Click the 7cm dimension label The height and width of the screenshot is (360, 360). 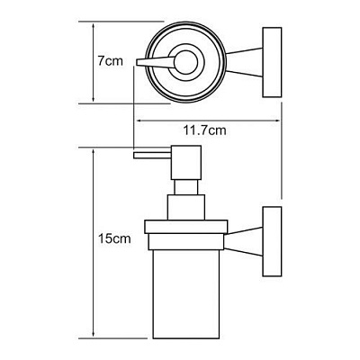click(110, 61)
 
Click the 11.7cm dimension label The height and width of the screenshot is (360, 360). click(204, 130)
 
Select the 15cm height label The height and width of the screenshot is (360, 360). click(115, 238)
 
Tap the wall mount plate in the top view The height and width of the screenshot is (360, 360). click(272, 62)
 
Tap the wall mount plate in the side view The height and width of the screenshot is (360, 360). click(272, 241)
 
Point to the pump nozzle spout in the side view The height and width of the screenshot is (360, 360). click(153, 155)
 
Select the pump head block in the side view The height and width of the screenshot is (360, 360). click(185, 163)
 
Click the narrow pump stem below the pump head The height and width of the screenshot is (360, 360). click(185, 187)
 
